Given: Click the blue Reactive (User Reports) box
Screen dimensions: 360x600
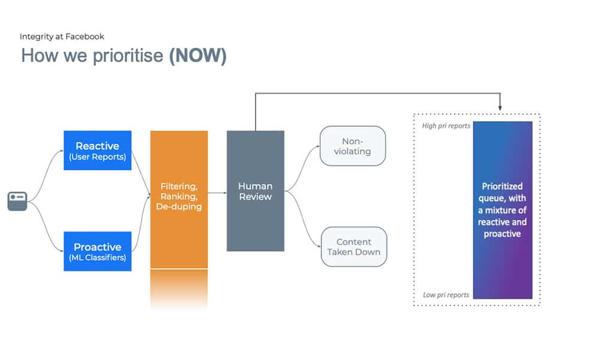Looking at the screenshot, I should click(x=97, y=151).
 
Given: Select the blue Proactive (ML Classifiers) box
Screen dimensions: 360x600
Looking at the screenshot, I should click(x=97, y=251).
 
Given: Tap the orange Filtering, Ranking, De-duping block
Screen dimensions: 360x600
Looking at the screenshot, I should click(x=179, y=198).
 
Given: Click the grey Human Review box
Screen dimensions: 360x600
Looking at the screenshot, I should click(x=255, y=191).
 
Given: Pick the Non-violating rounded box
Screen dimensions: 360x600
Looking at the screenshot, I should click(x=353, y=146).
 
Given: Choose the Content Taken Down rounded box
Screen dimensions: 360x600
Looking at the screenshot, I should click(x=353, y=247).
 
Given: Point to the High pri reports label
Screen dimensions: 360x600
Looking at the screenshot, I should click(x=446, y=126).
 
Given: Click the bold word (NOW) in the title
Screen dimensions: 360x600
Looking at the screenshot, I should click(x=198, y=56).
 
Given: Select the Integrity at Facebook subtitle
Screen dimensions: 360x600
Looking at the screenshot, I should click(x=62, y=37).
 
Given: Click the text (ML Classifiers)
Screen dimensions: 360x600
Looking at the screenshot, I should click(x=97, y=258).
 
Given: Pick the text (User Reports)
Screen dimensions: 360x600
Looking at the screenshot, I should click(x=97, y=157).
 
